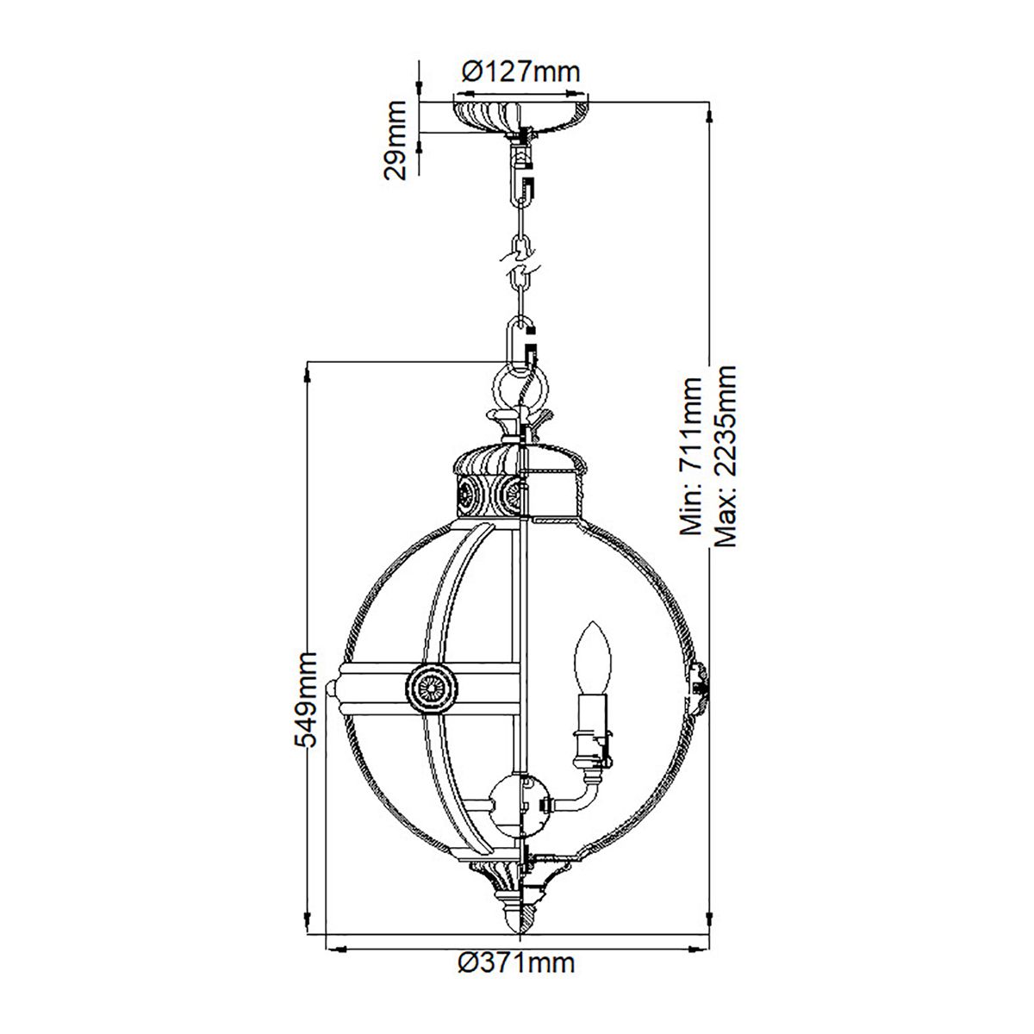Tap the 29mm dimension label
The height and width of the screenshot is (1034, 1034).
396,140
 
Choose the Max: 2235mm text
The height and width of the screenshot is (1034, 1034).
726,457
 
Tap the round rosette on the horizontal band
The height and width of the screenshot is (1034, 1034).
428,688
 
